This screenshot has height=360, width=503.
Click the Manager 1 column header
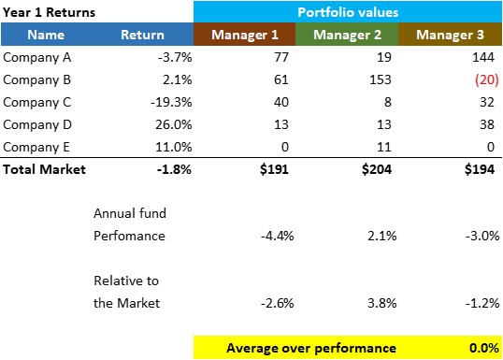[244, 35]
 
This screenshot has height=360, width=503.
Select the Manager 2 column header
[347, 35]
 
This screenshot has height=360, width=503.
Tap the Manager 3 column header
[450, 35]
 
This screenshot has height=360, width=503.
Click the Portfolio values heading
[348, 12]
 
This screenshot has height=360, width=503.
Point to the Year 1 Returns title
[49, 12]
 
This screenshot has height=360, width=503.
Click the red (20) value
[487, 79]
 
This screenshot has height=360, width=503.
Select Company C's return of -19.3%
[171, 102]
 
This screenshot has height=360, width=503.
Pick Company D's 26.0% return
[174, 124]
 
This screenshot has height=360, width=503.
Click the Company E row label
[36, 147]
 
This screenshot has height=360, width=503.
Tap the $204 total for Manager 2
[377, 169]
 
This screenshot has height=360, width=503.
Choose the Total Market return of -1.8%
[174, 169]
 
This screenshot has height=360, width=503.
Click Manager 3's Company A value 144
[483, 57]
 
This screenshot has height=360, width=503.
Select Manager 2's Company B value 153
[381, 79]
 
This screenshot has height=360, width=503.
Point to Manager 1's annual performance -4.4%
[277, 236]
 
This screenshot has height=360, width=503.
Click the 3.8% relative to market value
[382, 303]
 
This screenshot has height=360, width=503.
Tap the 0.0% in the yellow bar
[484, 348]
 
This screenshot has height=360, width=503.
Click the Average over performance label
[311, 348]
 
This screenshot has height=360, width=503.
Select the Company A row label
[36, 57]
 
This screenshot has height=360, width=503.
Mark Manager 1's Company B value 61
[281, 79]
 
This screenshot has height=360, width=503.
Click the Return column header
[142, 35]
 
